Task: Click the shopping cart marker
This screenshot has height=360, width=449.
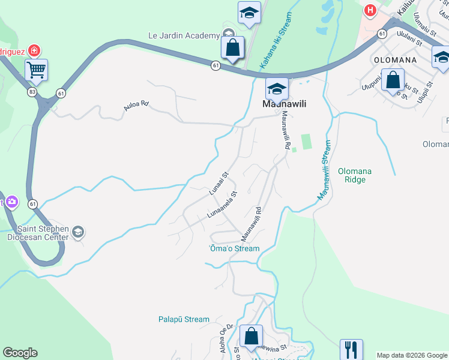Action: pos(37,71)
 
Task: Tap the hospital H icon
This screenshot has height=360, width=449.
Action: pos(370,10)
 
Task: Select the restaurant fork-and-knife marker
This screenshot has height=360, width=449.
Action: pos(351,349)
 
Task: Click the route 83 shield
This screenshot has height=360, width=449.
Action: pos(32,92)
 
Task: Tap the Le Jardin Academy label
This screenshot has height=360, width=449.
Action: pos(184,35)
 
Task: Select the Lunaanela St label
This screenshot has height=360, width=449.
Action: pos(223,204)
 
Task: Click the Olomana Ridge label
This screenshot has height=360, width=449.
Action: pos(355,175)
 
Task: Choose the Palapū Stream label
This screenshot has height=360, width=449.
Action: pos(184,320)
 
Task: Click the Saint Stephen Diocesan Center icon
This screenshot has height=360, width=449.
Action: pos(78,232)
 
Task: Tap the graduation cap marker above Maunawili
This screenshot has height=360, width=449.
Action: pos(277,89)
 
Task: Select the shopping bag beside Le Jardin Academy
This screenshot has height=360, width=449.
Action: pos(232,47)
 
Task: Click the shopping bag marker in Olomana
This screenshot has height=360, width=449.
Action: pos(393,80)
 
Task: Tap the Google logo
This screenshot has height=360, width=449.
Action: pos(20,353)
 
